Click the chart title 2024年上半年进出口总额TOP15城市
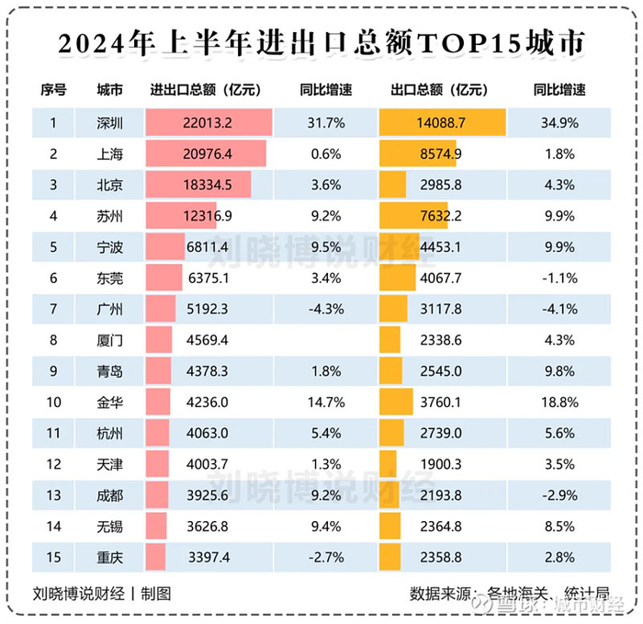click(x=321, y=42)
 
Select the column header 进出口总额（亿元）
click(x=206, y=90)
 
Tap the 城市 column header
click(x=109, y=90)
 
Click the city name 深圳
click(x=109, y=122)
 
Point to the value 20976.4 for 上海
click(x=208, y=153)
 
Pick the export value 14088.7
click(x=441, y=122)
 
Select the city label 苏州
click(x=109, y=216)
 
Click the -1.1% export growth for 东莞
click(x=559, y=278)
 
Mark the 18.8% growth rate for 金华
click(x=559, y=403)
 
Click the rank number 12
click(x=53, y=465)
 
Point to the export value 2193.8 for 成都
click(x=442, y=496)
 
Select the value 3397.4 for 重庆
click(x=208, y=558)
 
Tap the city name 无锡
click(x=109, y=527)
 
